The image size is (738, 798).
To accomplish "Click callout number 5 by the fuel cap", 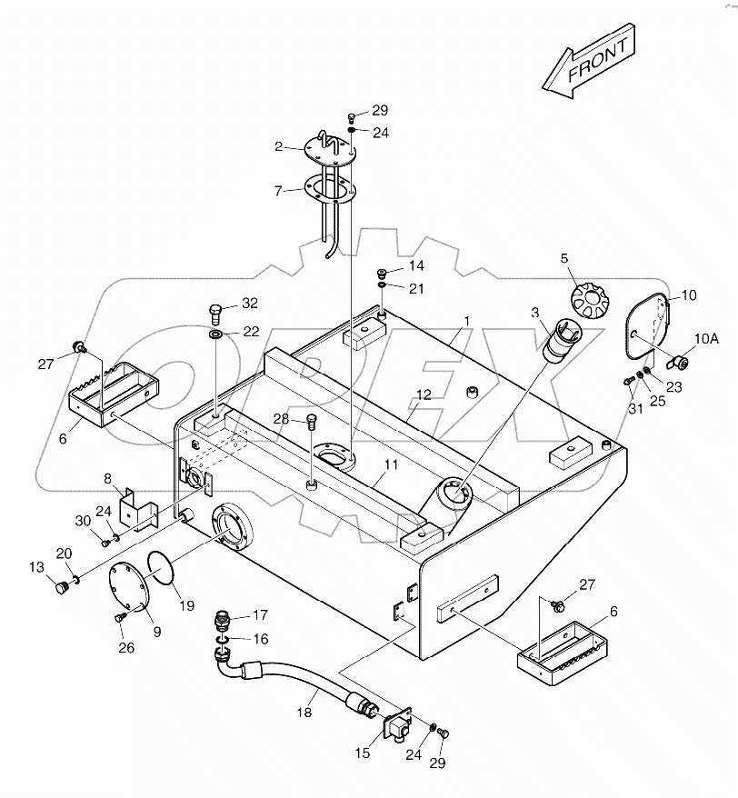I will click(564, 259).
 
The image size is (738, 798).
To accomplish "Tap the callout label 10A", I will click(707, 338).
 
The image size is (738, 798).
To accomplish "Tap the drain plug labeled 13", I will click(63, 591).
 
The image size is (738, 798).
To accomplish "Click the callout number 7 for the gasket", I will click(278, 191).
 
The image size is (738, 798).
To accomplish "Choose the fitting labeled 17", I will click(221, 623).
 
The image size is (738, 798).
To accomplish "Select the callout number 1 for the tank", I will click(467, 321).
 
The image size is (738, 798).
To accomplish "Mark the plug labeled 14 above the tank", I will click(384, 272).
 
